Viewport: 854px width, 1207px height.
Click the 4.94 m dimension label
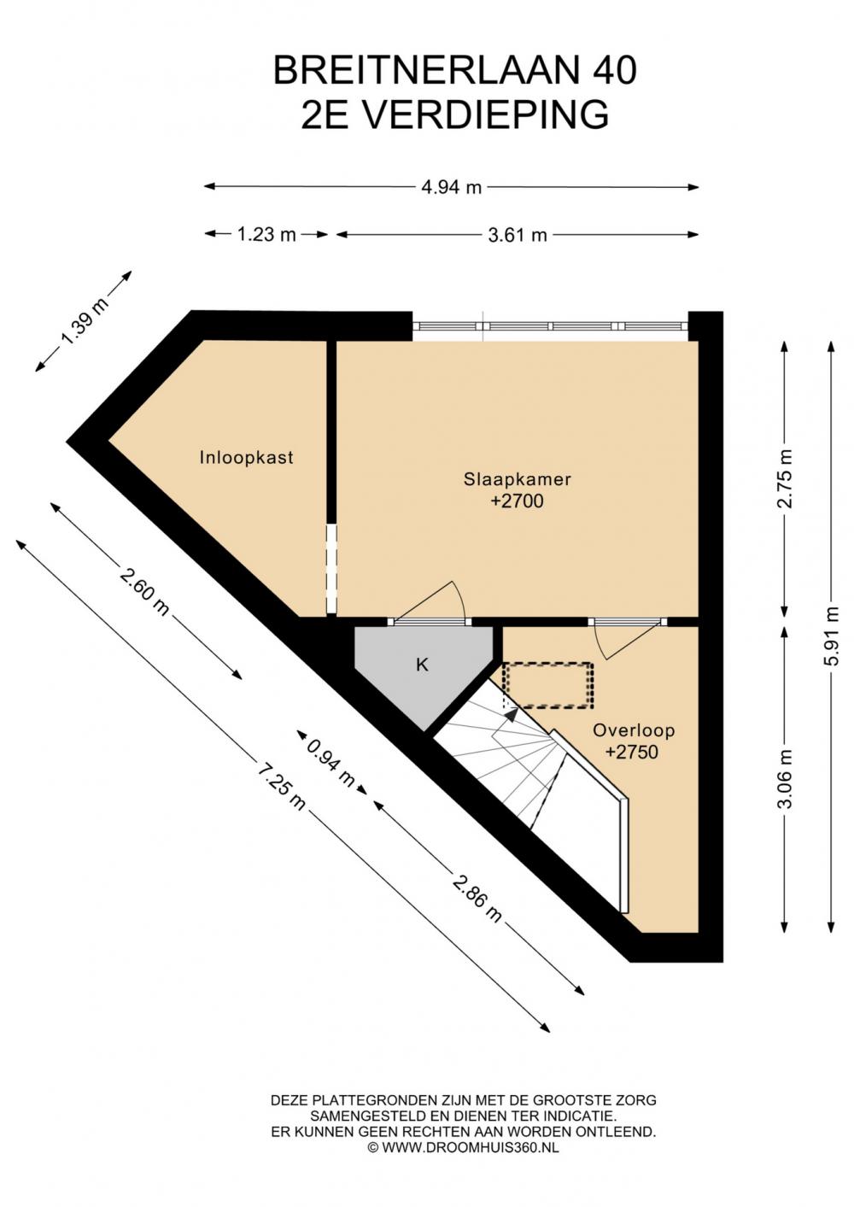(451, 188)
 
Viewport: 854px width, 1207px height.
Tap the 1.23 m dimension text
(266, 234)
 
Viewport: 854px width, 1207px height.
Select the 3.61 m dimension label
(518, 235)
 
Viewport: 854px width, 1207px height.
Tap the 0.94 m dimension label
(330, 761)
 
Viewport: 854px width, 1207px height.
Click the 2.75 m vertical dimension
(787, 478)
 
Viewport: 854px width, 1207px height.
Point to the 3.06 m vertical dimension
(787, 779)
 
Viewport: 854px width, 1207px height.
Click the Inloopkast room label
(246, 458)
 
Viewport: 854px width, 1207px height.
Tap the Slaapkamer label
(518, 479)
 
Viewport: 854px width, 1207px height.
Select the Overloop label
(634, 730)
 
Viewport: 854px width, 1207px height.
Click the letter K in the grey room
(423, 665)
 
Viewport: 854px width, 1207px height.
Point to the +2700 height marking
(518, 501)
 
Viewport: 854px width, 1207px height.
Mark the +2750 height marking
(632, 753)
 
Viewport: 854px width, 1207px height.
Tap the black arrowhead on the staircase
(511, 714)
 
